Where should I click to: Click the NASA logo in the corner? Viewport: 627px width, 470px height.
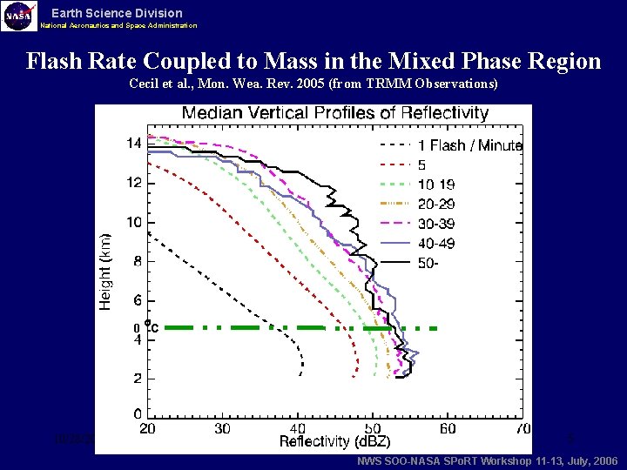point(19,16)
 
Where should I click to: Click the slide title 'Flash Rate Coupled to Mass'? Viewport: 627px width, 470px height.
point(313,62)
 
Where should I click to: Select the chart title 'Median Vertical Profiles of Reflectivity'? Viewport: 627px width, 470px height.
point(334,114)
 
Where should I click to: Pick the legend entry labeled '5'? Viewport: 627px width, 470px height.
point(422,164)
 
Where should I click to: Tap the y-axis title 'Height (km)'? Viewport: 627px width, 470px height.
point(105,271)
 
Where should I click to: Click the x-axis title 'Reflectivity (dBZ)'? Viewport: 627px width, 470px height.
point(336,442)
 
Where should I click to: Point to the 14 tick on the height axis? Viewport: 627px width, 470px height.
point(133,144)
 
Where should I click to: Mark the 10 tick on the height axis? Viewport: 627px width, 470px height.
point(133,222)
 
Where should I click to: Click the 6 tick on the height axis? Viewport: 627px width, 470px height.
point(137,300)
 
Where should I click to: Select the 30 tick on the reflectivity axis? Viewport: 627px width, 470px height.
point(223,428)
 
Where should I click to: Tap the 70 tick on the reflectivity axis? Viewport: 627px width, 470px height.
point(522,428)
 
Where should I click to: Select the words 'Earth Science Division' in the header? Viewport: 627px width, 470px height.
point(117,13)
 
